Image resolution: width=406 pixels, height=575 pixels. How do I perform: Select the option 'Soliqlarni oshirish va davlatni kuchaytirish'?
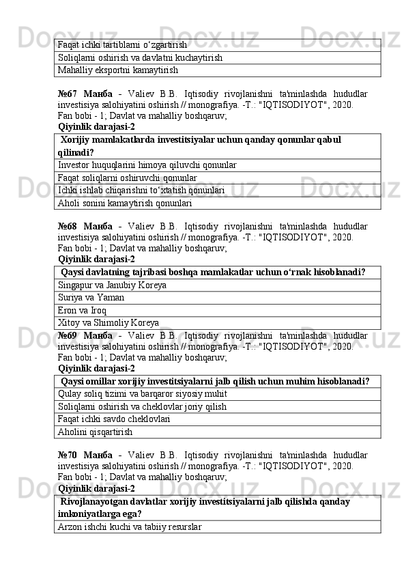pos(141,57)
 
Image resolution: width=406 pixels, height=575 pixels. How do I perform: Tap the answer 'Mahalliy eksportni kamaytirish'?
pos(117,70)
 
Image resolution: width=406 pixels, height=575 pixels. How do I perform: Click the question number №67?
pos(68,93)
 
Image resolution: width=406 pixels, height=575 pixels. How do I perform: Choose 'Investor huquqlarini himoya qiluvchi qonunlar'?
pos(147,165)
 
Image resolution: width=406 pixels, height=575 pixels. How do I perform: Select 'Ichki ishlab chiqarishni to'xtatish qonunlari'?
pos(142,191)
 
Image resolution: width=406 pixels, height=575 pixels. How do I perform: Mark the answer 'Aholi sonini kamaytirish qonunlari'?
pos(124,203)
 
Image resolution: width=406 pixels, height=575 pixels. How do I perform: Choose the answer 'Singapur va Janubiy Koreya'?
pos(113,285)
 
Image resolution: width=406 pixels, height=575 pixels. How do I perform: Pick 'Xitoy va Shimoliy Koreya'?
pos(109,322)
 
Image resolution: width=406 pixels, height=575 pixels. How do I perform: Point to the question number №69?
pos(68,335)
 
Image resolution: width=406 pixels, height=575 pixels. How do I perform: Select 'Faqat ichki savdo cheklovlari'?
pos(114,419)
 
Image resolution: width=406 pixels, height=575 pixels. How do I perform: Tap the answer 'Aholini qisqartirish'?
pos(95,432)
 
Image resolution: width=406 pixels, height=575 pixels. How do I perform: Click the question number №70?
pos(68,454)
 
